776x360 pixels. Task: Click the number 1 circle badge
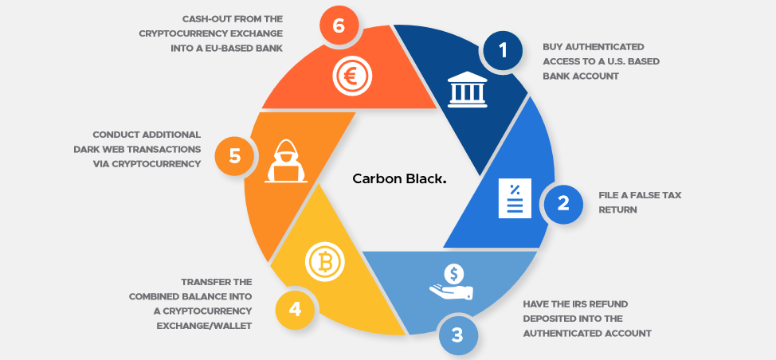coord(504,50)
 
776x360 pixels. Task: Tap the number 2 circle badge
coord(564,204)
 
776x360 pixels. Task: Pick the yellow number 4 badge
coord(295,310)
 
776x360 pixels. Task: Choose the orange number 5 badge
coord(234,156)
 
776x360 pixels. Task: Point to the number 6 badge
coord(339,25)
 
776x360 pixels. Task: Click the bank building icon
coord(467,90)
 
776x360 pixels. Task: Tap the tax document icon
coord(515,198)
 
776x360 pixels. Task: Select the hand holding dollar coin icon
coord(452,282)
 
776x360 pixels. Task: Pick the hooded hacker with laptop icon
coord(286,161)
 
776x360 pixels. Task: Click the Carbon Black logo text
coord(399,179)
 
